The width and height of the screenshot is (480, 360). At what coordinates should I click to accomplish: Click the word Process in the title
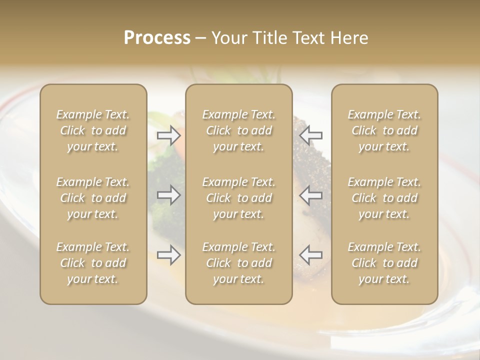(157, 38)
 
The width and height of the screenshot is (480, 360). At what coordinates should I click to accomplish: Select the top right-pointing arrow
(169, 135)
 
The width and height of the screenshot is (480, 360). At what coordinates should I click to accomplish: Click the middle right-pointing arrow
(169, 195)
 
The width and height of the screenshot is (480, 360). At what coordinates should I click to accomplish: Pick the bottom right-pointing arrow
(169, 254)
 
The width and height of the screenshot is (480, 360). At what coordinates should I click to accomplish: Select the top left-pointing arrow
(311, 135)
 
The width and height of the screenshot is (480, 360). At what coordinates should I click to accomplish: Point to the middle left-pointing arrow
(311, 195)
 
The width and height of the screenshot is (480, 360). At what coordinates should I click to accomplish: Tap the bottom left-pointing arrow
(311, 254)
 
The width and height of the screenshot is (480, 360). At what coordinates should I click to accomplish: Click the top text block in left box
(93, 130)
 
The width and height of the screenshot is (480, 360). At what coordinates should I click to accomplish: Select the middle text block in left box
(93, 198)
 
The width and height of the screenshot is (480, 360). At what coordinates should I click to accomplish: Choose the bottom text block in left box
(93, 263)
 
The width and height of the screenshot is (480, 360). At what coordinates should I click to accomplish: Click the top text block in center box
(239, 130)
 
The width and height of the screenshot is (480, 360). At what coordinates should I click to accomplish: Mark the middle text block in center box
(239, 198)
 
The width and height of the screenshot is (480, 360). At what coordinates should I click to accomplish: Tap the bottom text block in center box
(239, 263)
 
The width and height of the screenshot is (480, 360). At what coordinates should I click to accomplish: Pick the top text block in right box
(384, 130)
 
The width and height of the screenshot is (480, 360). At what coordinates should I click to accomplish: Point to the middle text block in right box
(384, 198)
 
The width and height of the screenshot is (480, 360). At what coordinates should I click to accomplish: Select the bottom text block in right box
(384, 263)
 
